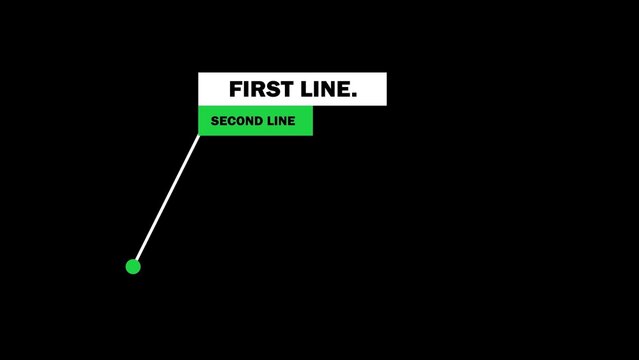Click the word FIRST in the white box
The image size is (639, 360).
click(258, 89)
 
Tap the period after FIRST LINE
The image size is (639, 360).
click(353, 95)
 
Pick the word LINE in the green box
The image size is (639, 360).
click(282, 121)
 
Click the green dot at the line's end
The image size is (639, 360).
click(133, 266)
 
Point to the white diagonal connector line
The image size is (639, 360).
click(167, 200)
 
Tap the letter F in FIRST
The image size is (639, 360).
click(235, 89)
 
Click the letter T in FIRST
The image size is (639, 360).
click(283, 89)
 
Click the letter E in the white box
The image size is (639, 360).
click(341, 89)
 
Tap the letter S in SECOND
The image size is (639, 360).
click(215, 121)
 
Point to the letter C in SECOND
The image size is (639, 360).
click(232, 121)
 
